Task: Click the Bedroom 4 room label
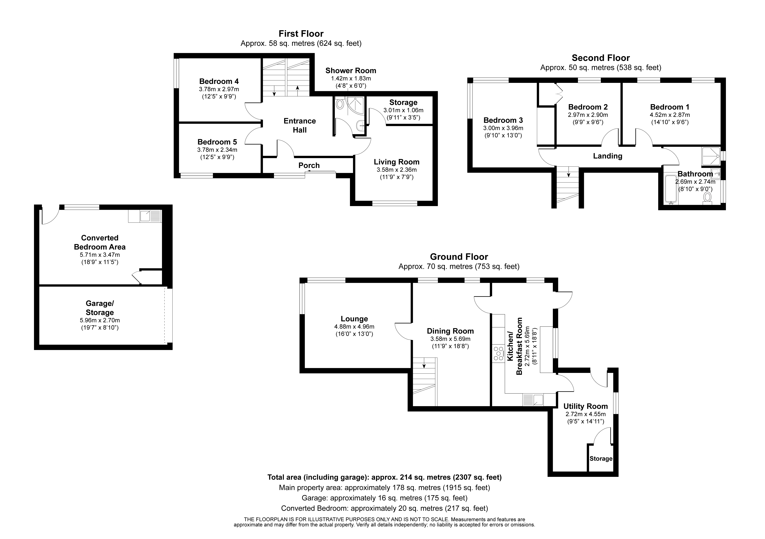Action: click(219, 81)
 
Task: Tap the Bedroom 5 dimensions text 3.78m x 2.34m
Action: click(217, 150)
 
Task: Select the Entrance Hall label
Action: click(300, 125)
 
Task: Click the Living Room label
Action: click(396, 162)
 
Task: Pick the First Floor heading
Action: click(301, 34)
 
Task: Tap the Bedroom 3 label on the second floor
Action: click(503, 120)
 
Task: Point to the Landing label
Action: click(607, 156)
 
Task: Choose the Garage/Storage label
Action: click(100, 308)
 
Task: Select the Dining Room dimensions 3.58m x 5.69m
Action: click(450, 339)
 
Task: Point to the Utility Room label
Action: click(585, 406)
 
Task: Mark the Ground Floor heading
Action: click(459, 257)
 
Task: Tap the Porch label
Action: click(309, 165)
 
